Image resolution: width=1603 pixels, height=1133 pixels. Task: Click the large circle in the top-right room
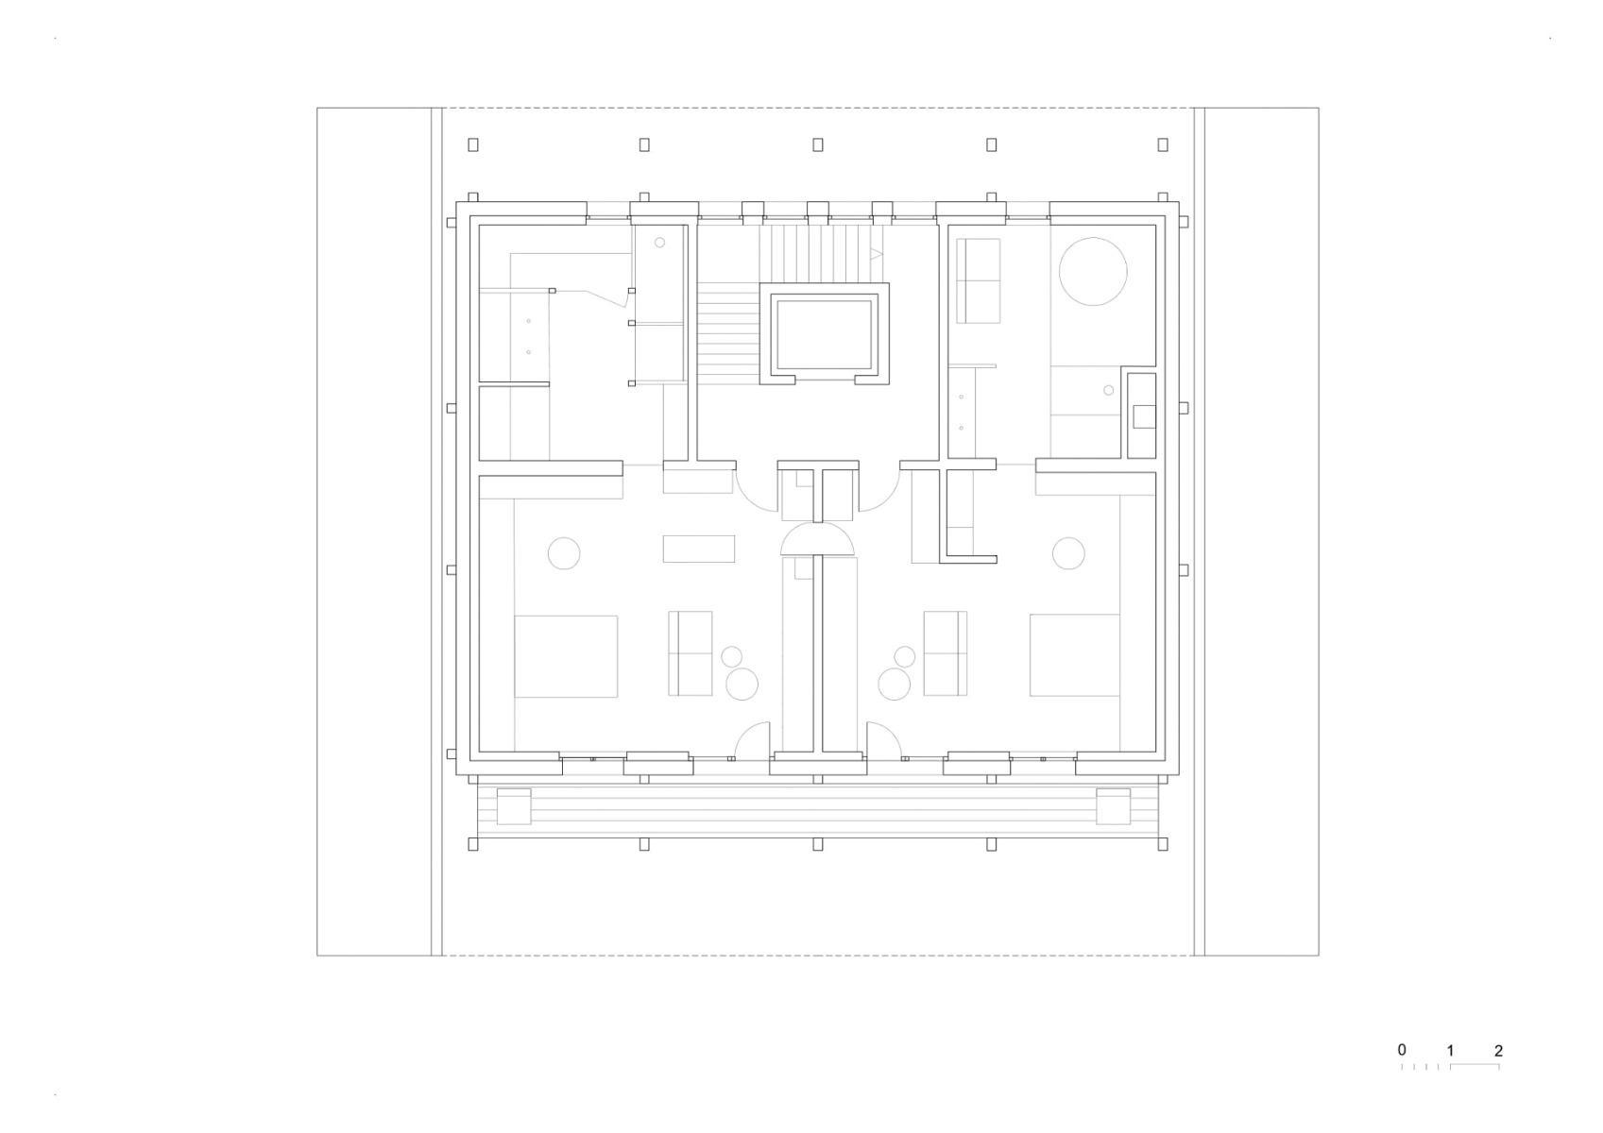(x=1093, y=271)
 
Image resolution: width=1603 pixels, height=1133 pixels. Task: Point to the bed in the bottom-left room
(x=565, y=656)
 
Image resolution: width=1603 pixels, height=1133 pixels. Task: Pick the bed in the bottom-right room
(x=1074, y=655)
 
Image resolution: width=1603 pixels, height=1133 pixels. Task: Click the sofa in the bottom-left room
(x=691, y=652)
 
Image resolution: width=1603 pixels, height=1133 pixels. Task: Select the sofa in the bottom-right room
(x=945, y=652)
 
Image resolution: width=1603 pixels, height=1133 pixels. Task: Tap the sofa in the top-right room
(x=978, y=280)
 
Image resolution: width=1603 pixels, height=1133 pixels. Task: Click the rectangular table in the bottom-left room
(x=699, y=549)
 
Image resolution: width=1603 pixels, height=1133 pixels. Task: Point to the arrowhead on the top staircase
(x=876, y=254)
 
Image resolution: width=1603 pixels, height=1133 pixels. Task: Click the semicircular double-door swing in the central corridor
(x=818, y=540)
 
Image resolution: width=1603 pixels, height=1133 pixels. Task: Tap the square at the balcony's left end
(x=515, y=805)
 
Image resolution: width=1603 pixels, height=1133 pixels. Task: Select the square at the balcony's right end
(x=1113, y=805)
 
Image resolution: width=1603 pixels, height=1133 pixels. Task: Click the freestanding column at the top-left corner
(x=473, y=144)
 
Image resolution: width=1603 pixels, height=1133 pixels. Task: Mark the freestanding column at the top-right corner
(x=1163, y=144)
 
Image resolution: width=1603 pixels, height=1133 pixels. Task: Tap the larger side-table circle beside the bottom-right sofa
(x=894, y=684)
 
